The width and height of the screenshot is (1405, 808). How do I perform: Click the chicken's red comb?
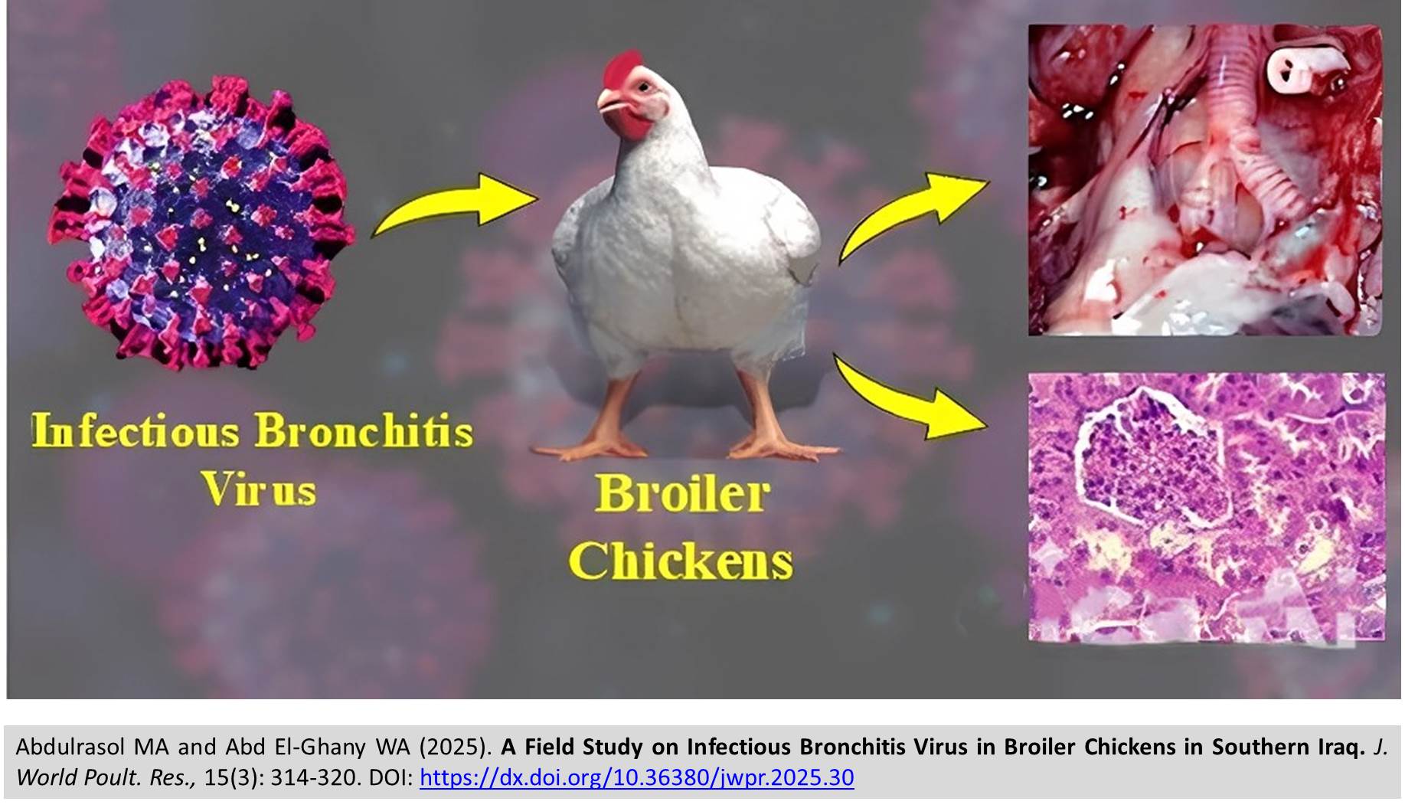pos(622,68)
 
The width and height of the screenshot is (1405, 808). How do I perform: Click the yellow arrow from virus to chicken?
pos(455,204)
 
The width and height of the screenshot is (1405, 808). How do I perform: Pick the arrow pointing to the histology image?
pos(907,398)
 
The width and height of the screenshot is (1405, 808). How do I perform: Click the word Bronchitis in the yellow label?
pos(364,430)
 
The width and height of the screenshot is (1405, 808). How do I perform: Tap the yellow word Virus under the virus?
pos(259,489)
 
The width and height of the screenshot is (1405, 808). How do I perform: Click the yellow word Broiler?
pos(682,494)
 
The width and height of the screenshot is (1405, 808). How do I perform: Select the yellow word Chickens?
pos(681,561)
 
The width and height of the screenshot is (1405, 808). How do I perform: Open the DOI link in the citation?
pos(637,778)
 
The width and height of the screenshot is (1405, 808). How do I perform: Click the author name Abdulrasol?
pos(70,747)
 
